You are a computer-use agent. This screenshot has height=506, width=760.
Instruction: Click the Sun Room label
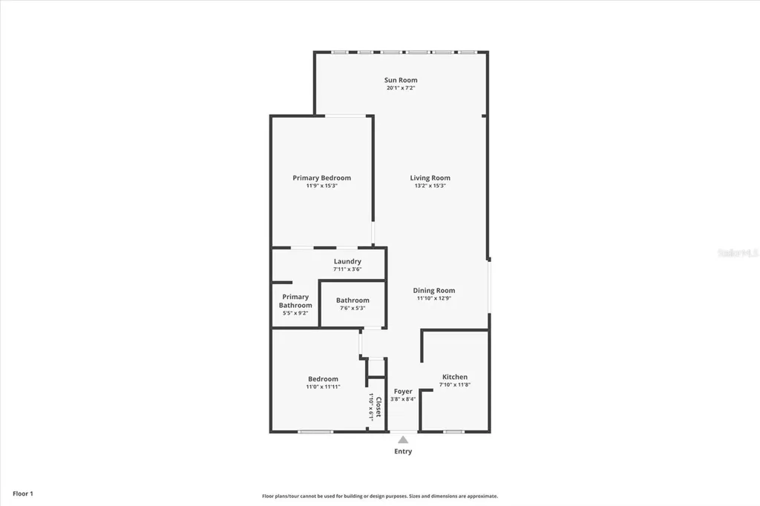401,80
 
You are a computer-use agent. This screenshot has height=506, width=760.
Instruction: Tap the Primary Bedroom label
321,178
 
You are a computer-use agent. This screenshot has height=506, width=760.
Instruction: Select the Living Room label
430,178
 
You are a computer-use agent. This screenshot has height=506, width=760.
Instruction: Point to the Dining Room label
434,291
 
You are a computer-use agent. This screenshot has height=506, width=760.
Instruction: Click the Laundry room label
347,261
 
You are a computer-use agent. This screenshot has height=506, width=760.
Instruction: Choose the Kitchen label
455,377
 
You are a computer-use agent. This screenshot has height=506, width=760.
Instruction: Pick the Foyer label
403,391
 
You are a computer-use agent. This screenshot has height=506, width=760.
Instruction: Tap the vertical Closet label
378,407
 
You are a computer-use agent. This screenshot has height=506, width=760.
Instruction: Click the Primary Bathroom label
295,301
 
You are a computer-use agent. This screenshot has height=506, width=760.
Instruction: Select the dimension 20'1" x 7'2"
401,88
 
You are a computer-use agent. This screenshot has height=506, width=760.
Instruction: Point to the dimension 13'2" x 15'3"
430,186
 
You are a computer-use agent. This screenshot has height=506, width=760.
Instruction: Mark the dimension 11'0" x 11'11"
323,387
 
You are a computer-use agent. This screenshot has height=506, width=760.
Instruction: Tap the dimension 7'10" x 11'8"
455,385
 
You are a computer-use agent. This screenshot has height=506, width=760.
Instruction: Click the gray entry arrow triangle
403,440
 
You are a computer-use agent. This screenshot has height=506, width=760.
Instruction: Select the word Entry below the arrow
403,451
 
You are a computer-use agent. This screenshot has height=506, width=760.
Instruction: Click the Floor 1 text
23,493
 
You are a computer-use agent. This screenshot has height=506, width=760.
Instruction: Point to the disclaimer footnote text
380,496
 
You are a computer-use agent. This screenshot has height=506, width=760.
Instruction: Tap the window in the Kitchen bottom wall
453,431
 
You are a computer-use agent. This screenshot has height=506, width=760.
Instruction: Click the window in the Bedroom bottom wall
315,431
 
